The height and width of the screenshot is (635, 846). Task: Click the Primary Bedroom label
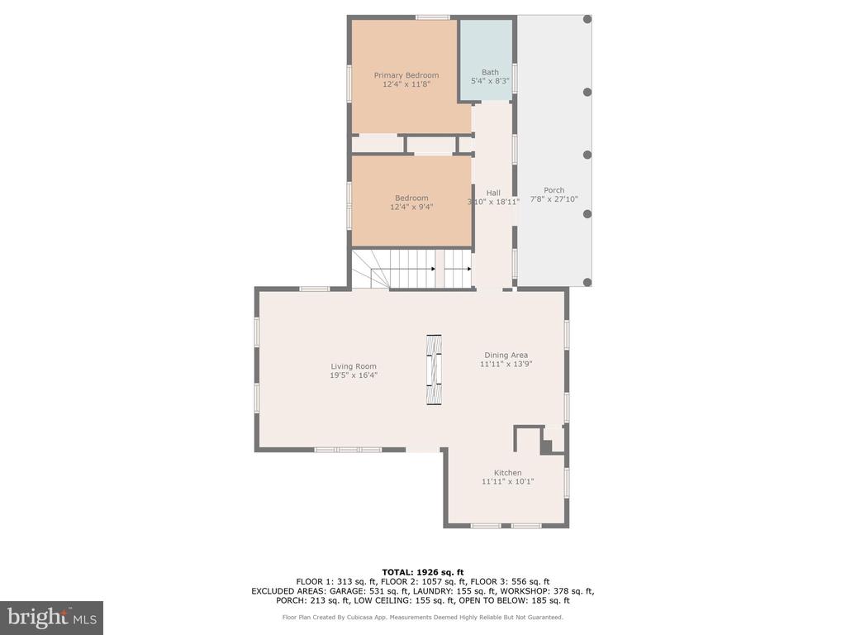[406, 75]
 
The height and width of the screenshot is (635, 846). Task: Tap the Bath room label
[490, 72]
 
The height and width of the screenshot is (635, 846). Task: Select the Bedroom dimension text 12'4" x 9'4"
[411, 207]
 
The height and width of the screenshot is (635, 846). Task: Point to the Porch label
[554, 190]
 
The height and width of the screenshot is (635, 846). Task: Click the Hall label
[493, 193]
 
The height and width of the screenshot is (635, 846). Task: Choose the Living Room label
[354, 366]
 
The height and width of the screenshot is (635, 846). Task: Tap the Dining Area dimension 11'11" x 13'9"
[506, 364]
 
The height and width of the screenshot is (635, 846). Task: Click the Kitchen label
[508, 472]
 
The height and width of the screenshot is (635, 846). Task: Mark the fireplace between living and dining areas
[434, 370]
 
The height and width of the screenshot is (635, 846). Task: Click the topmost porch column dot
[587, 20]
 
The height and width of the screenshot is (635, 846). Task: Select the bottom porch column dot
[587, 282]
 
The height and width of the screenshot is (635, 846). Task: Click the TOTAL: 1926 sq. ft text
[423, 572]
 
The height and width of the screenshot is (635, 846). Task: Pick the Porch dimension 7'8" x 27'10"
[554, 198]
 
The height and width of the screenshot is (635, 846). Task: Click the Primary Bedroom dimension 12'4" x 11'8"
[406, 84]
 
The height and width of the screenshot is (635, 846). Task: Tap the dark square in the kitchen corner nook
[547, 447]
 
